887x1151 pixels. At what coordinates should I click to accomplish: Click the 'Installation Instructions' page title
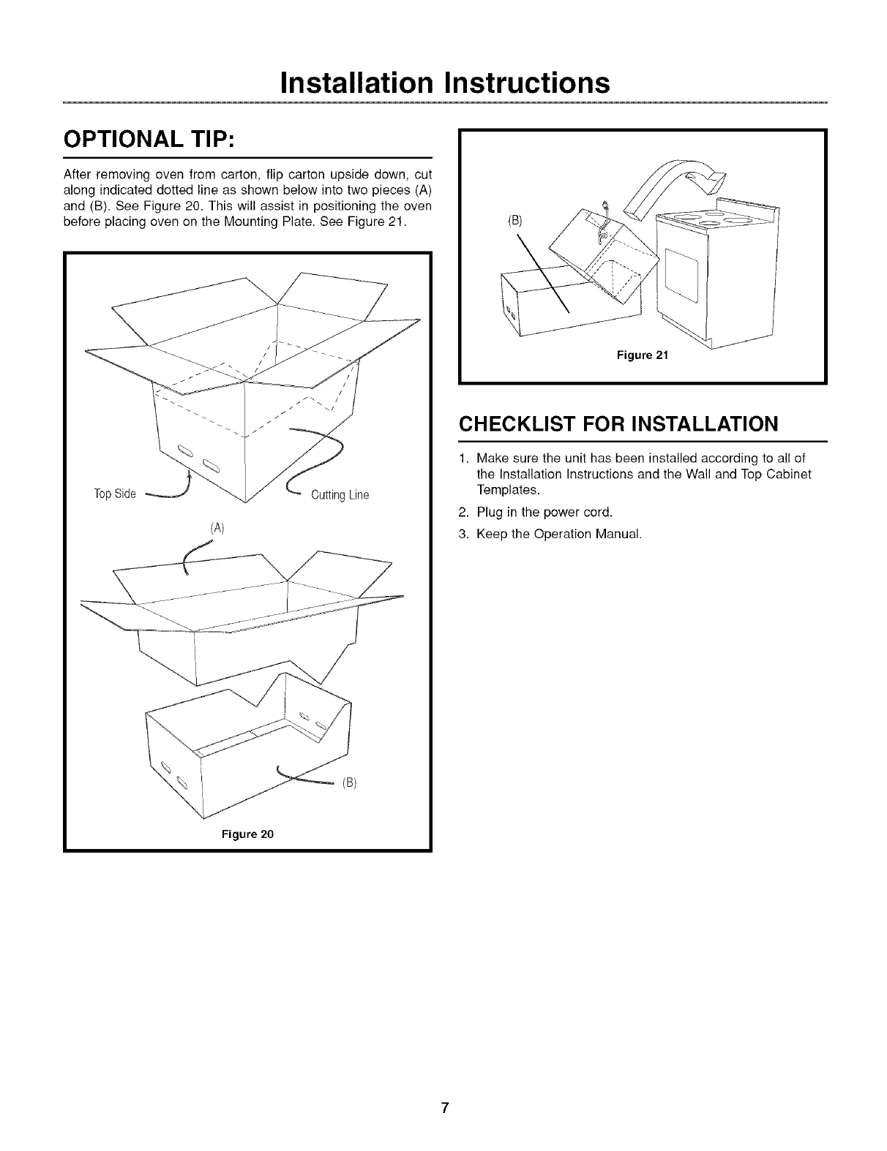click(444, 83)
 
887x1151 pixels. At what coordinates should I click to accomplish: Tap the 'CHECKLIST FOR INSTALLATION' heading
click(617, 425)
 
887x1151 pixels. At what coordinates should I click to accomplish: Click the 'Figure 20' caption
click(248, 834)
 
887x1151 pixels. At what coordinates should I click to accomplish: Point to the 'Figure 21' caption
click(642, 356)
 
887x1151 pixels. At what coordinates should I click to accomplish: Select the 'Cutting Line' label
click(340, 495)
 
